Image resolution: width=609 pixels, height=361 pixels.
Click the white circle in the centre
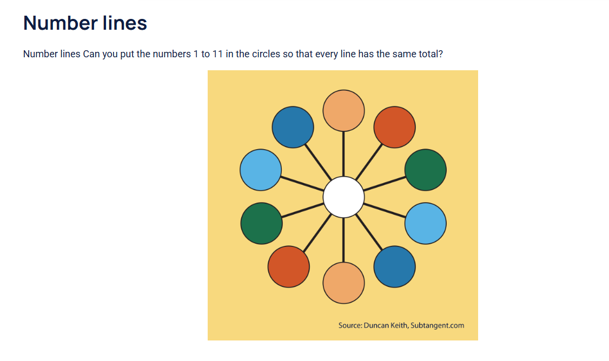click(343, 197)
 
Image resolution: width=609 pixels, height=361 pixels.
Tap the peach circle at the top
click(343, 111)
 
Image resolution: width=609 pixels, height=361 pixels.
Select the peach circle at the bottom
click(343, 283)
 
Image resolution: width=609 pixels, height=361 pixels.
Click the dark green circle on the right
click(425, 170)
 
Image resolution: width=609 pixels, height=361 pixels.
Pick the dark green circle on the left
click(261, 223)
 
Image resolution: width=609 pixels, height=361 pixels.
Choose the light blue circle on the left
click(261, 170)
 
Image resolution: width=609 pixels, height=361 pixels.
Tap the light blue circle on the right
click(425, 223)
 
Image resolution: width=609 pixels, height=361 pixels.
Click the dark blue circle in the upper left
click(293, 127)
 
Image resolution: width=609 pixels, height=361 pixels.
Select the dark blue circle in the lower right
click(394, 266)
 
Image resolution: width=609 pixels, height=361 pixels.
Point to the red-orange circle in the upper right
click(394, 127)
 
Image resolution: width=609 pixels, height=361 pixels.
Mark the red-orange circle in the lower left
click(289, 266)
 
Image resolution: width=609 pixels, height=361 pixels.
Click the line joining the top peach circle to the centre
click(343, 153)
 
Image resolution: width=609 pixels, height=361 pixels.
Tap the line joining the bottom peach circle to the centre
click(343, 240)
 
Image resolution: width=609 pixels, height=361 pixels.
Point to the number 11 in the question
click(217, 54)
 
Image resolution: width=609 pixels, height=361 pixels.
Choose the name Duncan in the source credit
click(375, 325)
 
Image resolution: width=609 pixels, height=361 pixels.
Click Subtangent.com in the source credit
click(438, 326)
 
